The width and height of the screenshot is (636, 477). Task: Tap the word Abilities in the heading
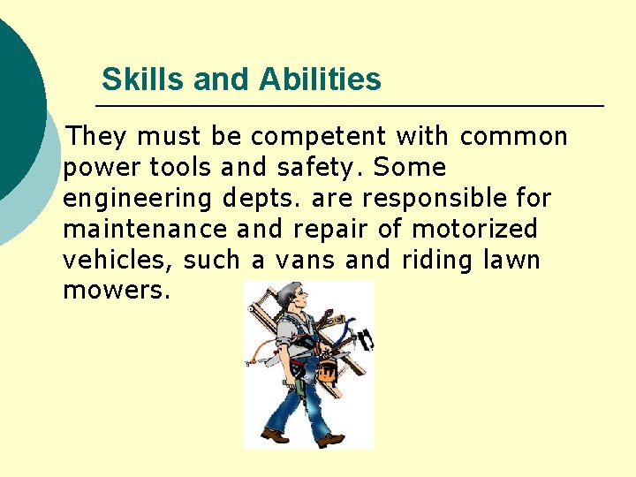point(320,79)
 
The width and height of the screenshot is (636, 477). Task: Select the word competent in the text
point(318,137)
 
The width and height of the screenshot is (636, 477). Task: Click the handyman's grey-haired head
point(288,296)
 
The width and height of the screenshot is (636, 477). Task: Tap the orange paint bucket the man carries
point(328,370)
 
